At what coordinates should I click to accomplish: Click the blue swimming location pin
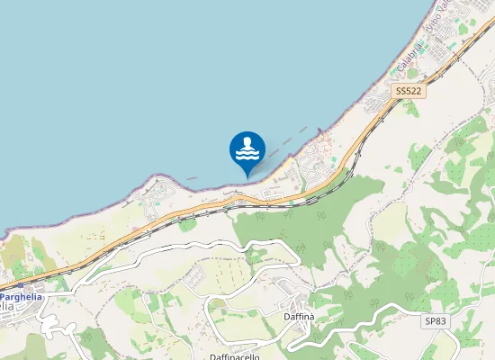(247, 148)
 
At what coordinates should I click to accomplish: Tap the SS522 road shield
(408, 92)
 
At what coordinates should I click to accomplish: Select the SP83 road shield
(435, 320)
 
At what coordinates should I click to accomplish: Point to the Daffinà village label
(300, 317)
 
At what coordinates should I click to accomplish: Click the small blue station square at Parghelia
(20, 283)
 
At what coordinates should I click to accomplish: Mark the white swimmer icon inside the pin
(247, 144)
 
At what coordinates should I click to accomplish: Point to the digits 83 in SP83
(440, 320)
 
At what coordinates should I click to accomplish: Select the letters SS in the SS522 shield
(400, 92)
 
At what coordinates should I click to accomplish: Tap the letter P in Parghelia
(4, 296)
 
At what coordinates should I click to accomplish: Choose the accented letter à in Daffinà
(311, 317)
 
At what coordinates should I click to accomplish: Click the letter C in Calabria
(400, 71)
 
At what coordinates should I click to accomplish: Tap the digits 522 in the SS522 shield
(413, 92)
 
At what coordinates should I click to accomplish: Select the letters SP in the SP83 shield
(429, 320)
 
